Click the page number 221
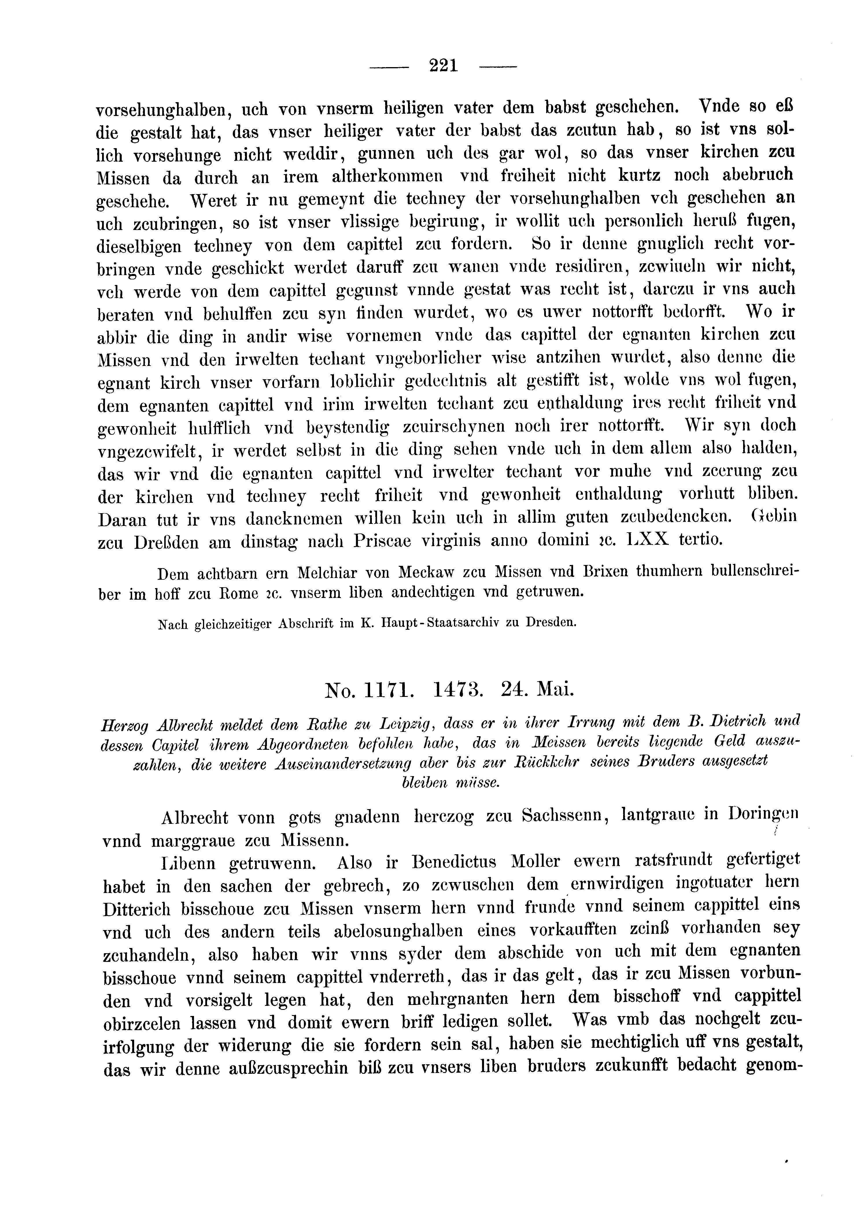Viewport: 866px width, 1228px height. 444,66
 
